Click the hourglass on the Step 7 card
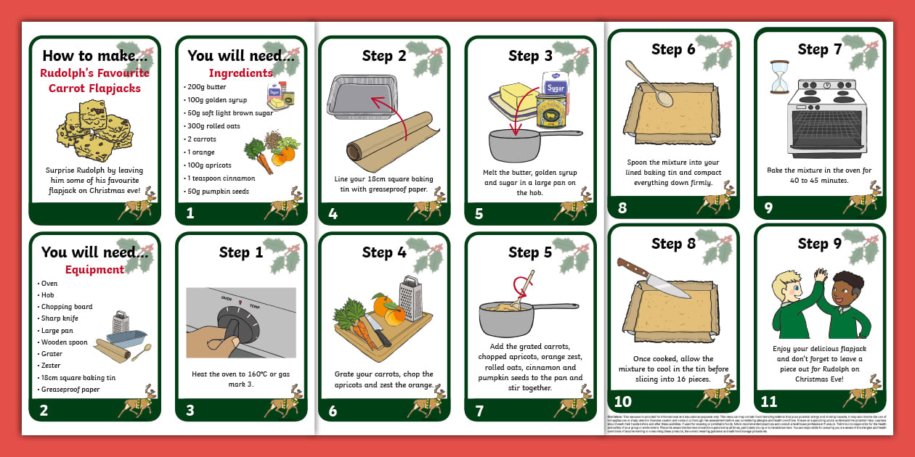coord(779,77)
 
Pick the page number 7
coord(479,411)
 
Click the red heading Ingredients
coord(240,73)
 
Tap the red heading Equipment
coord(94,270)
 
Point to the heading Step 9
coord(819,244)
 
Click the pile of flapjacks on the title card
coord(94,131)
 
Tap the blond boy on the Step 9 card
coord(789,305)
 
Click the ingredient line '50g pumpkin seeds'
coord(216,192)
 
